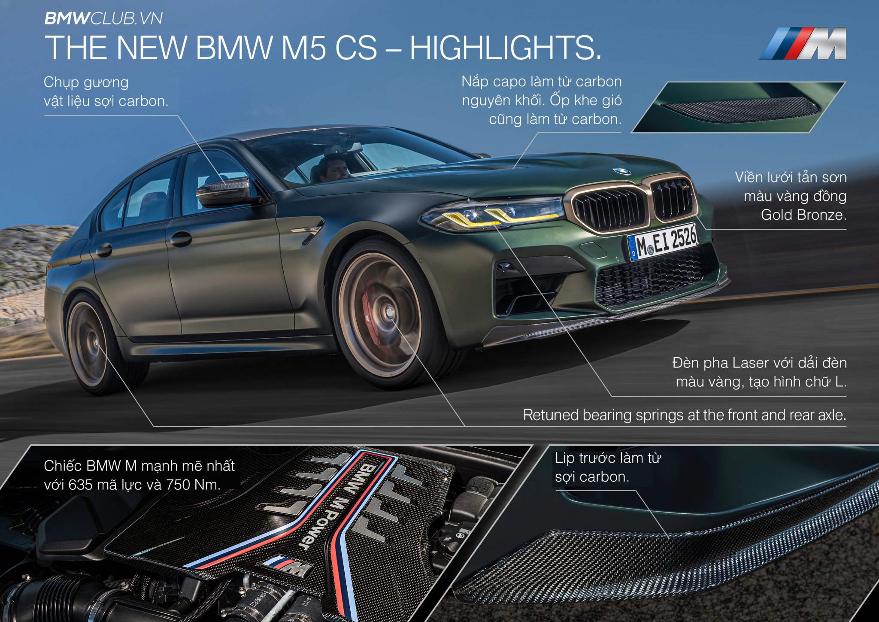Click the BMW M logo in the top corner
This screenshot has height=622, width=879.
click(803, 43)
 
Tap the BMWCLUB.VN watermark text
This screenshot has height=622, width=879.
click(103, 18)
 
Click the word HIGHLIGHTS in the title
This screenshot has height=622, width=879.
click(506, 47)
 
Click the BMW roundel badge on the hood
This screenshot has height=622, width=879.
click(622, 171)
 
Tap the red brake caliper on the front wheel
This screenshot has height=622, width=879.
click(368, 309)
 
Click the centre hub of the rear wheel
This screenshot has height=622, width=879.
click(95, 342)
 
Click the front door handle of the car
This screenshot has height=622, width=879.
click(181, 239)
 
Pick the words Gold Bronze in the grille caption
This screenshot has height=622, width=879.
click(803, 215)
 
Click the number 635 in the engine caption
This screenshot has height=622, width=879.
click(80, 485)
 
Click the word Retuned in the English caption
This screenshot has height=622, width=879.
click(551, 415)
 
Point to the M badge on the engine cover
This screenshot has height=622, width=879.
click(288, 567)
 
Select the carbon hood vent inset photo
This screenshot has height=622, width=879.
click(738, 107)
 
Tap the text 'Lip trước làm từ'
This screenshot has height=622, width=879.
click(607, 458)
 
